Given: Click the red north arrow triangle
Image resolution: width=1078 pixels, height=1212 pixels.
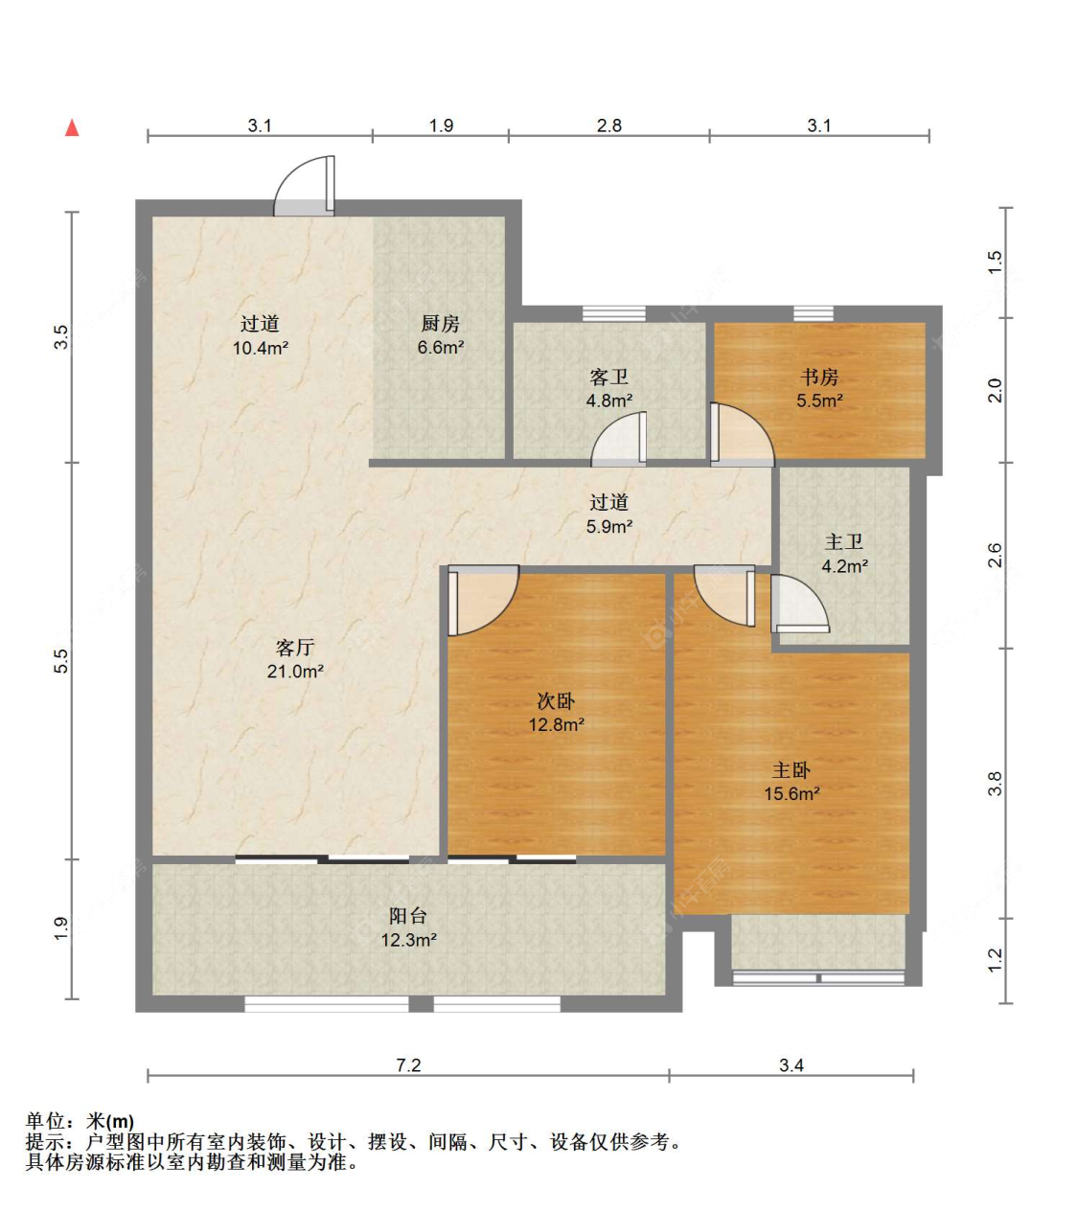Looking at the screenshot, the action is [72, 127].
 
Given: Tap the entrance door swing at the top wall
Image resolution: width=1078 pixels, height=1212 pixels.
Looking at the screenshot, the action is [304, 186].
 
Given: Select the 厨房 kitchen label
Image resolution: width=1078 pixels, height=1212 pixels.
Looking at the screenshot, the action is [440, 324].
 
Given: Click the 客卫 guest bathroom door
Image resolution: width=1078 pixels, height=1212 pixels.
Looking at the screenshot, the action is [619, 439].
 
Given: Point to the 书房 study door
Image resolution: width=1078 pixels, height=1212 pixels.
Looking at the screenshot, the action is [742, 434].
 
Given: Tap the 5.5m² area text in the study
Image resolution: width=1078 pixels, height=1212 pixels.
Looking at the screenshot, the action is [819, 400].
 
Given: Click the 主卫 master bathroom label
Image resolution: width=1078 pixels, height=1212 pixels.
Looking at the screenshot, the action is [844, 542].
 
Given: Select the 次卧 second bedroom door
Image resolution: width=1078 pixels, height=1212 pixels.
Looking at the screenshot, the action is [483, 600].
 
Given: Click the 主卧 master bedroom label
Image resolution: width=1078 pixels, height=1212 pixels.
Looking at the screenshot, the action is [791, 770].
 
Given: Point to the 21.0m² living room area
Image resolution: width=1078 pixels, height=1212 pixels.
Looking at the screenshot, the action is [295, 672].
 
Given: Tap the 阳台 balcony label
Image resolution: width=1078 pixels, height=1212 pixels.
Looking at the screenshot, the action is [408, 916].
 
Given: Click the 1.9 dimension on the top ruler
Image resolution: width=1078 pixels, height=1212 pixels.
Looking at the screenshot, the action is [441, 126].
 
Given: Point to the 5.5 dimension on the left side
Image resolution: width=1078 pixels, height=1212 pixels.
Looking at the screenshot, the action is [61, 660].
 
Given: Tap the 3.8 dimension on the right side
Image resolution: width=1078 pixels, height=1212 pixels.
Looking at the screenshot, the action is [995, 784].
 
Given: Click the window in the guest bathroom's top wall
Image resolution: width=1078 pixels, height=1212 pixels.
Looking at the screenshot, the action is [614, 313].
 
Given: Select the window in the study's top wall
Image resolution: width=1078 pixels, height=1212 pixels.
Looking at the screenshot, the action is [813, 313].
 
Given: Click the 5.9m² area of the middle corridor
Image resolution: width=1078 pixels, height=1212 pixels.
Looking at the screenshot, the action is [609, 526].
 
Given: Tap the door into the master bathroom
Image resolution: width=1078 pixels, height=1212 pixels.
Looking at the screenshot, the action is [799, 605].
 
